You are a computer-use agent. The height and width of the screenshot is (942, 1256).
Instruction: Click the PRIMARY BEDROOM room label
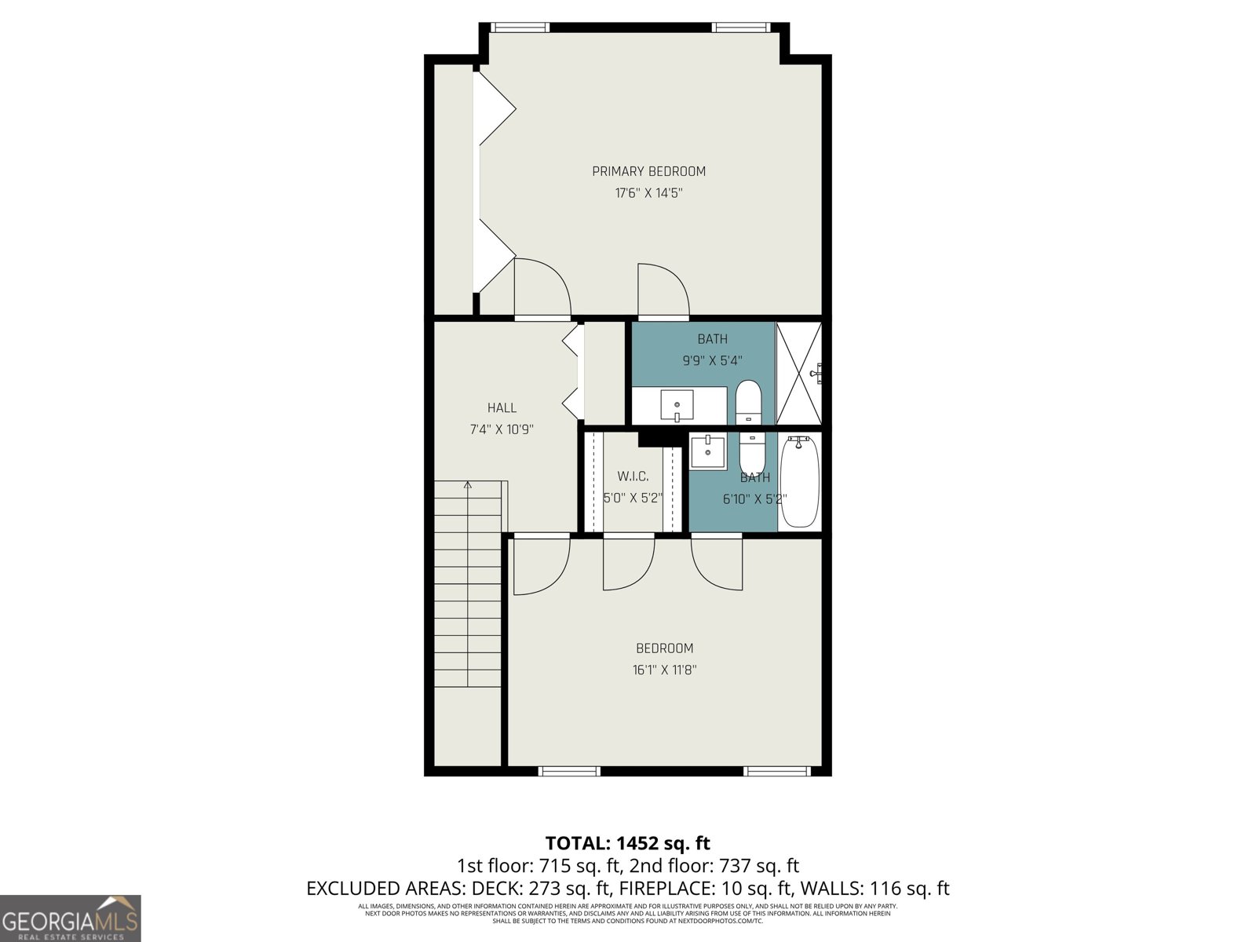click(x=648, y=171)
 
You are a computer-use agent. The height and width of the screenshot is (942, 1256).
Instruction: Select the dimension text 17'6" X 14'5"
click(x=648, y=193)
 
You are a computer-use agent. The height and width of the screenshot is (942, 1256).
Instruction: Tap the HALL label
click(x=502, y=407)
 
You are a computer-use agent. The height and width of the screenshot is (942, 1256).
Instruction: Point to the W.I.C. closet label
click(x=633, y=476)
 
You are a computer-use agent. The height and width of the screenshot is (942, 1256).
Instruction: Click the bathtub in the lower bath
click(x=799, y=482)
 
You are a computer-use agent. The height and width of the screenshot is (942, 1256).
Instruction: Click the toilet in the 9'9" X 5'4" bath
click(x=748, y=401)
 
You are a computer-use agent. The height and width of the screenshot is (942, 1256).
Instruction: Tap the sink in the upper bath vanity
click(x=677, y=406)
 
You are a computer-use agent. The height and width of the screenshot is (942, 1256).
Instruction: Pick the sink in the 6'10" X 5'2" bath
click(x=708, y=451)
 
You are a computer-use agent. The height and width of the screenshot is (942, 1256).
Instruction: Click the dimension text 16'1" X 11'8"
click(x=664, y=670)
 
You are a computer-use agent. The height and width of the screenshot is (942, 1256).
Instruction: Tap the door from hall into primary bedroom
click(x=542, y=289)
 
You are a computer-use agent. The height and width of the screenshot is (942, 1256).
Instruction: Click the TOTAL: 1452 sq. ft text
click(x=627, y=843)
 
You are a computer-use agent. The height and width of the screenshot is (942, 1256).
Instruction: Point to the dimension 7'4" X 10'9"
click(x=502, y=429)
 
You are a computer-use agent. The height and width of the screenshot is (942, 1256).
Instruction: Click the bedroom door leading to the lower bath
click(x=716, y=560)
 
